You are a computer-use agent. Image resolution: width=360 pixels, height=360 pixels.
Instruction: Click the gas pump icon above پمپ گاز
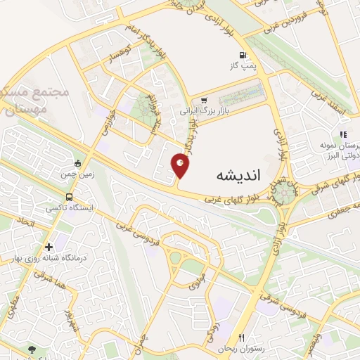[243, 56]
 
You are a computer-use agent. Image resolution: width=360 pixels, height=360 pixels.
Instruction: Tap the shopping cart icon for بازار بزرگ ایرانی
[204, 101]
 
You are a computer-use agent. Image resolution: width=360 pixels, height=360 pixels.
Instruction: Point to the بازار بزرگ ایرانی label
[203, 111]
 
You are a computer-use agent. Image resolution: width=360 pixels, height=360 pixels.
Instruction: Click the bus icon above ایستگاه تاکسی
[68, 197]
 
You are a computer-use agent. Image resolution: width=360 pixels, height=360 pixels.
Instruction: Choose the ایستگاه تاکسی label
[68, 208]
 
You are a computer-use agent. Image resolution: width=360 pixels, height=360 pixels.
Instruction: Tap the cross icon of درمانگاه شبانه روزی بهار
[49, 247]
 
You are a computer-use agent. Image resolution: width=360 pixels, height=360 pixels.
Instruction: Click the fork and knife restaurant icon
[241, 338]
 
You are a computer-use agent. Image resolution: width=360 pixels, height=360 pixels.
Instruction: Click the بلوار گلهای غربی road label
[228, 199]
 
